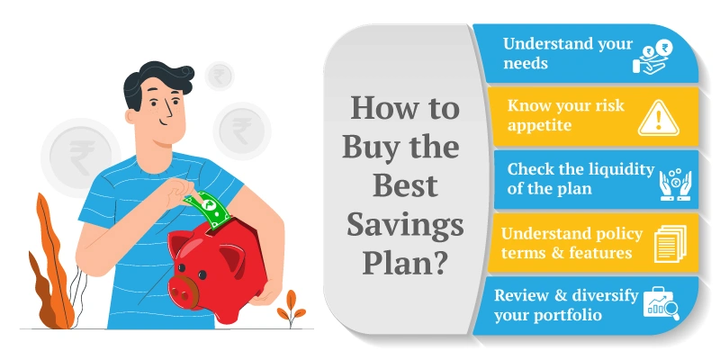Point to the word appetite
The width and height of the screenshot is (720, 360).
539,126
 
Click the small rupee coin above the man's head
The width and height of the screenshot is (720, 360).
219,75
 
